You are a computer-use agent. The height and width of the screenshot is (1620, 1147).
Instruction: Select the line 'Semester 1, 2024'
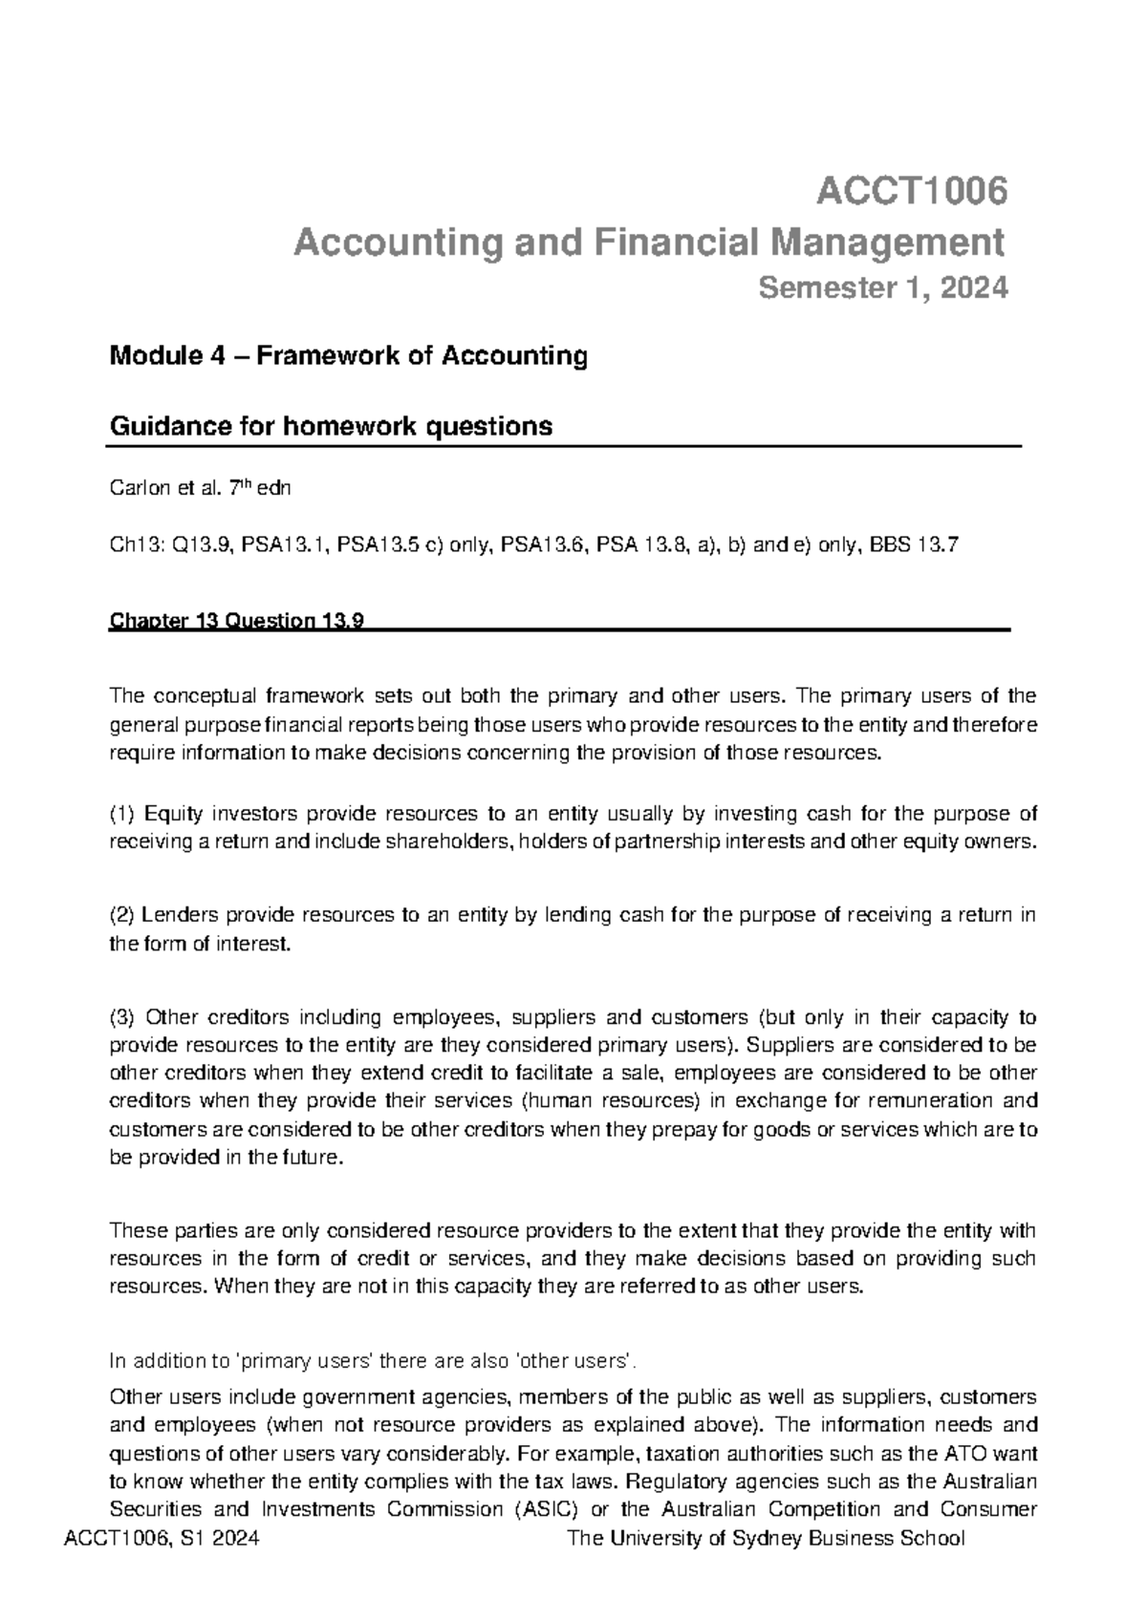pos(882,288)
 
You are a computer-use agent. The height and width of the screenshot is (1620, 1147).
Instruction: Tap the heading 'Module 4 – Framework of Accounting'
pos(349,356)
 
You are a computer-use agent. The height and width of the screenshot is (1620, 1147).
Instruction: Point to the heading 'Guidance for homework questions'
pos(332,426)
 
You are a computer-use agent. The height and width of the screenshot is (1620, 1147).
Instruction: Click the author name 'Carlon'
pos(137,489)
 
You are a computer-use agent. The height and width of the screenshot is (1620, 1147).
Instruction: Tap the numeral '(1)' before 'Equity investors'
pos(123,814)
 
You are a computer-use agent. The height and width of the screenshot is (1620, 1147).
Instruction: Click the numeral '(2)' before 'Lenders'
pos(123,915)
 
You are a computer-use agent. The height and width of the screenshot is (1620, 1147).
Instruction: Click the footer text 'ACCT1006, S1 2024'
pos(160,1539)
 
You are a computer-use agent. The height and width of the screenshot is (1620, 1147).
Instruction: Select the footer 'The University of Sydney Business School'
pos(766,1539)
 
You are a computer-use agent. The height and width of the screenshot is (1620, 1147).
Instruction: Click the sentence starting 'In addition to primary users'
pos(373,1360)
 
